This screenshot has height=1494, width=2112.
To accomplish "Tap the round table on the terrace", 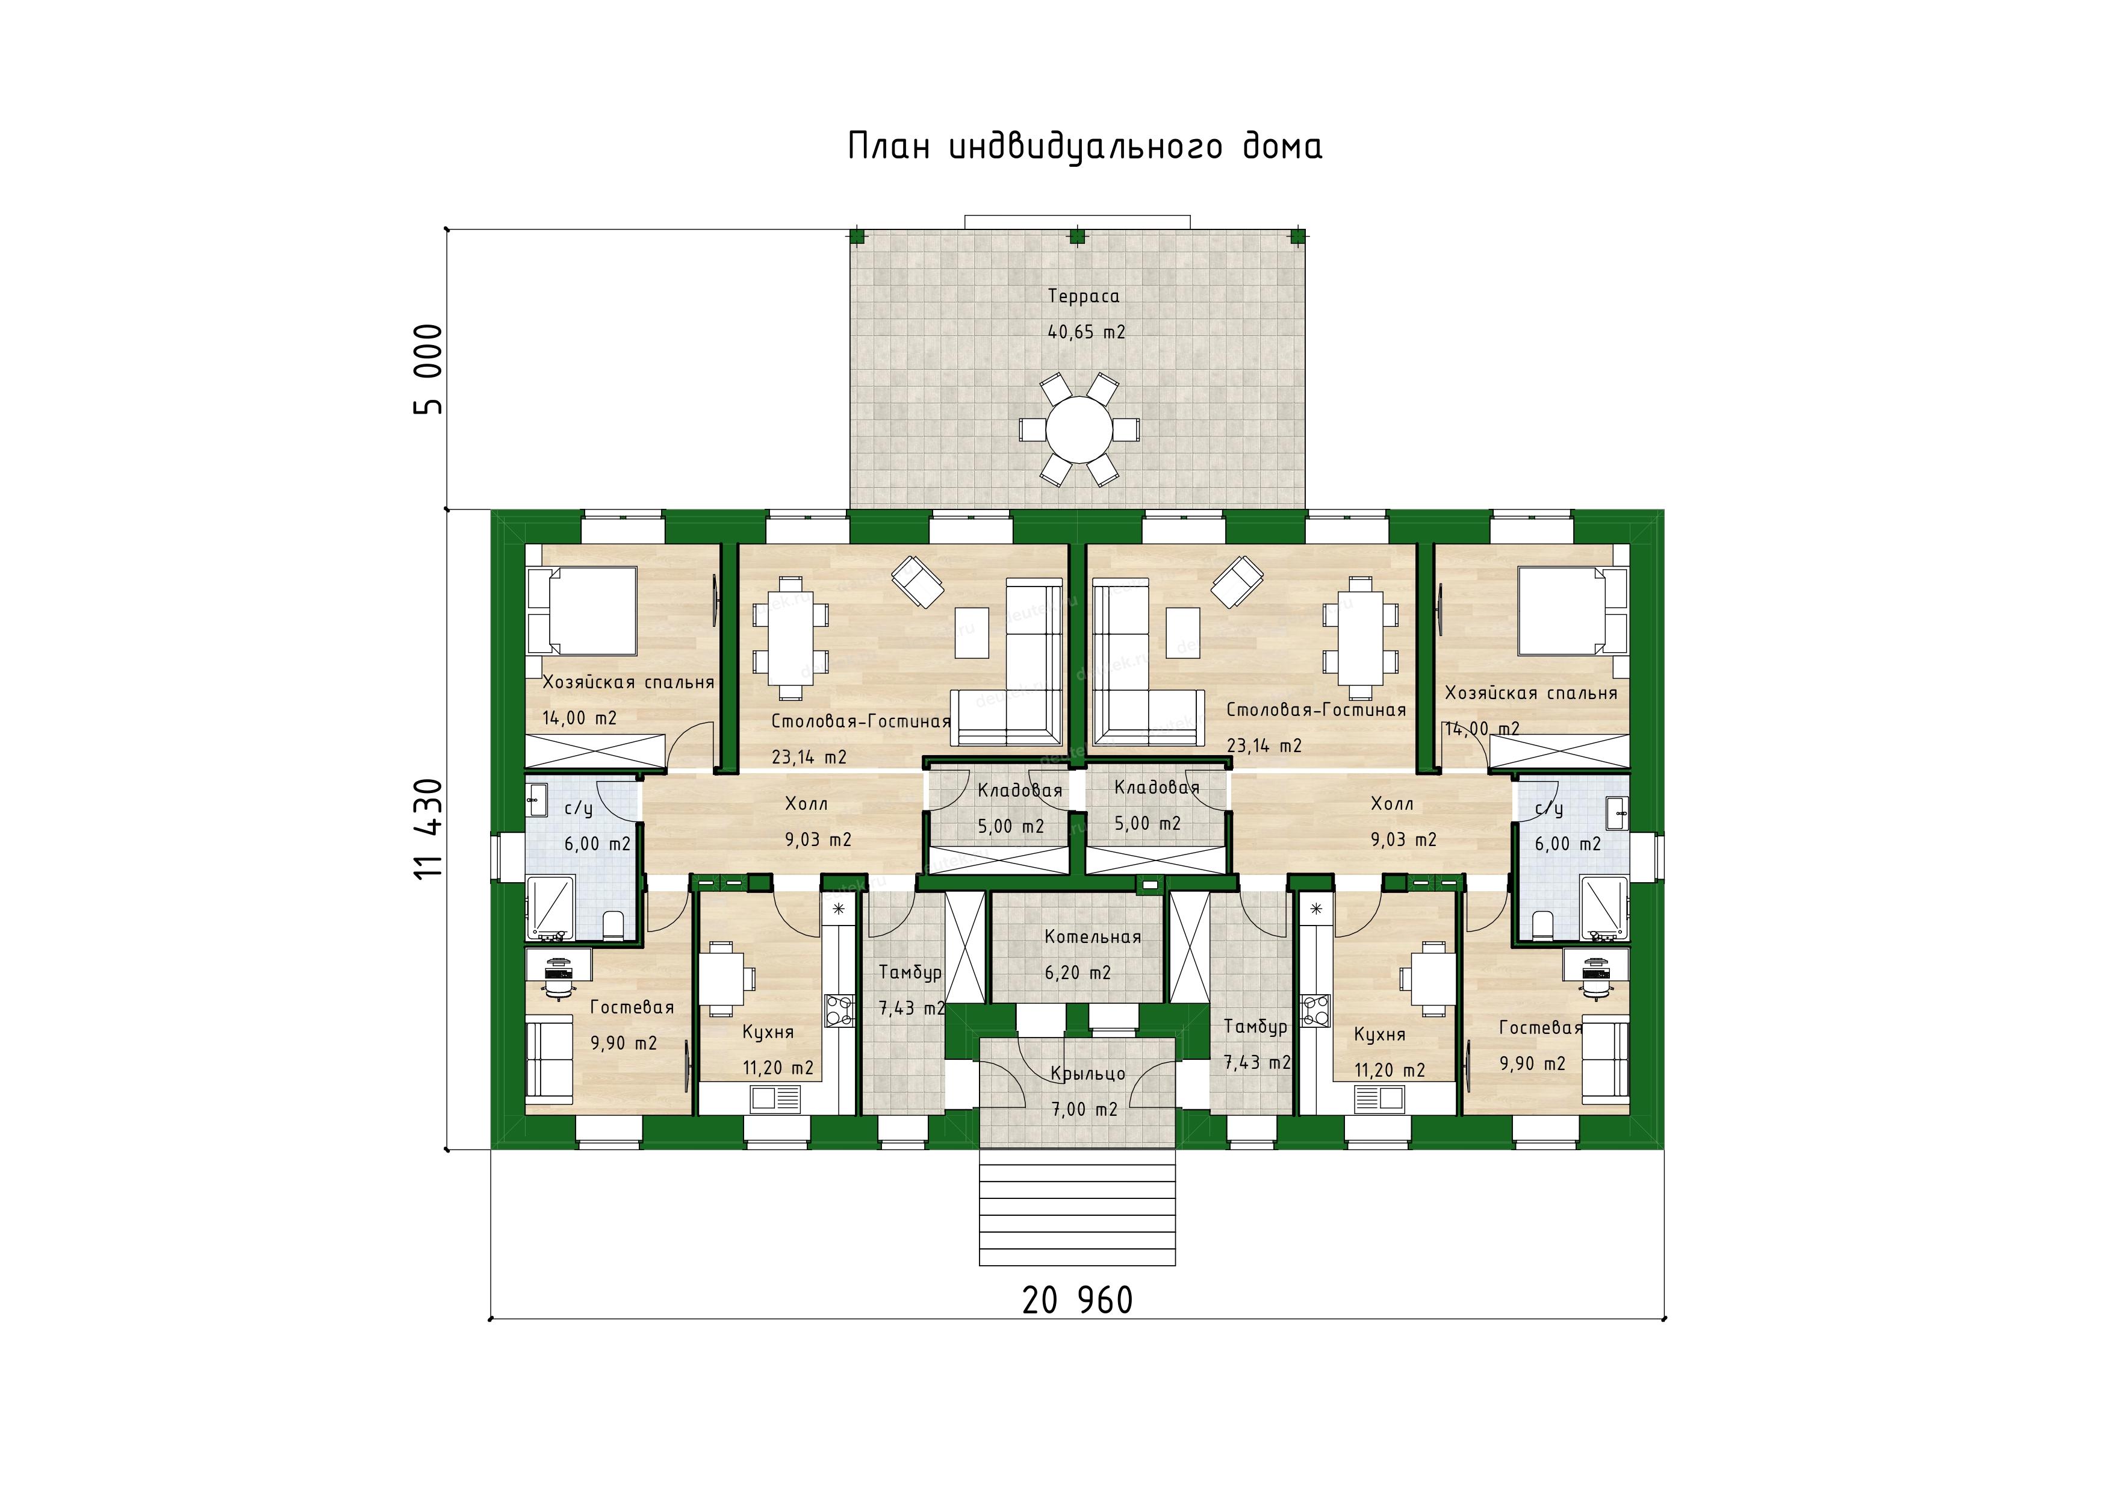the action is tap(1078, 429).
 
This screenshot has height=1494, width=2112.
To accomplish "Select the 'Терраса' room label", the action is tap(1084, 296).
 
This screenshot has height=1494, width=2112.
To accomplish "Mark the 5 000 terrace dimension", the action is tap(429, 369).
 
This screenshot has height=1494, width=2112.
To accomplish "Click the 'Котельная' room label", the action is tap(1093, 936).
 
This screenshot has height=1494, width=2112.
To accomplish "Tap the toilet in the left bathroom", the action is tap(613, 923).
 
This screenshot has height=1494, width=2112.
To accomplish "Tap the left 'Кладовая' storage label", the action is tap(1020, 790).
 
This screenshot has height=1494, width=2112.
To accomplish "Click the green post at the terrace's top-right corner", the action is tap(1298, 235).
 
